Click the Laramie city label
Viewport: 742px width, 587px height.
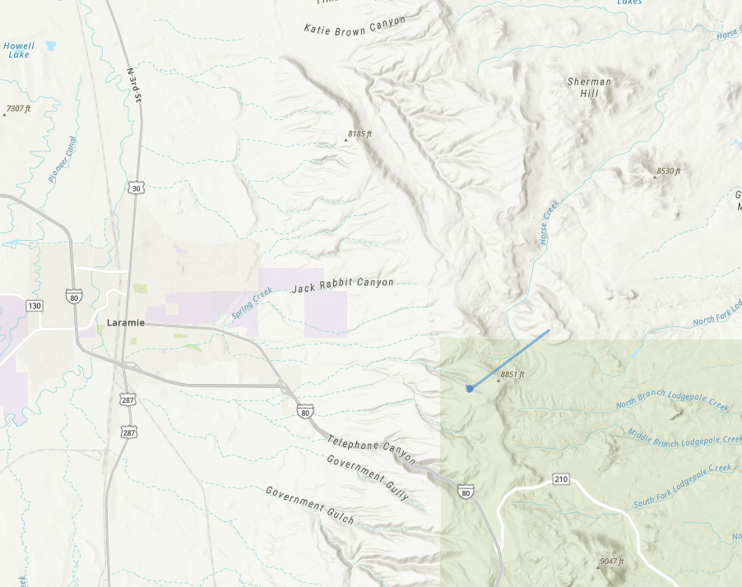pyautogui.click(x=125, y=323)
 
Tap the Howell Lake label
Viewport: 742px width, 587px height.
pyautogui.click(x=18, y=50)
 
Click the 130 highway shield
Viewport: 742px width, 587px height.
pyautogui.click(x=34, y=306)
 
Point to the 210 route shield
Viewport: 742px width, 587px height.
pyautogui.click(x=561, y=479)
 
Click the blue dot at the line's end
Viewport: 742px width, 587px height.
pyautogui.click(x=470, y=388)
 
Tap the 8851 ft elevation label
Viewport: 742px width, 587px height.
pyautogui.click(x=511, y=375)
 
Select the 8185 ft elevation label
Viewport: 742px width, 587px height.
pyautogui.click(x=359, y=133)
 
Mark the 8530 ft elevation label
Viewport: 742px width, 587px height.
pyautogui.click(x=668, y=171)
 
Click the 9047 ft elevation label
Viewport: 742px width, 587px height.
pyautogui.click(x=610, y=562)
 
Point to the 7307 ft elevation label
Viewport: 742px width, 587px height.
pyautogui.click(x=17, y=109)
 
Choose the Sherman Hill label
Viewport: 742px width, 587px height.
pyautogui.click(x=590, y=87)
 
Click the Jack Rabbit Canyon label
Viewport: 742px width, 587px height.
pyautogui.click(x=342, y=286)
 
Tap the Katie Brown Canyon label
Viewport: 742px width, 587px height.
pyautogui.click(x=355, y=25)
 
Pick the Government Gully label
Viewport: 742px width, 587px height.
pyautogui.click(x=367, y=476)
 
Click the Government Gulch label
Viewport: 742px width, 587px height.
pyautogui.click(x=309, y=505)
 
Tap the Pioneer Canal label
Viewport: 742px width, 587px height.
pyautogui.click(x=62, y=159)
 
